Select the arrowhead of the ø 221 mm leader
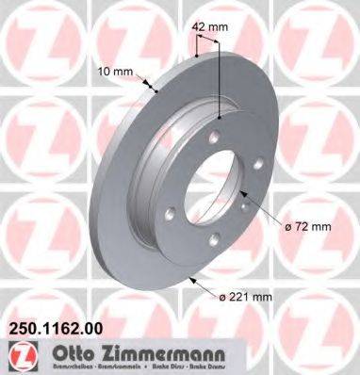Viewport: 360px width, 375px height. [189, 278]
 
